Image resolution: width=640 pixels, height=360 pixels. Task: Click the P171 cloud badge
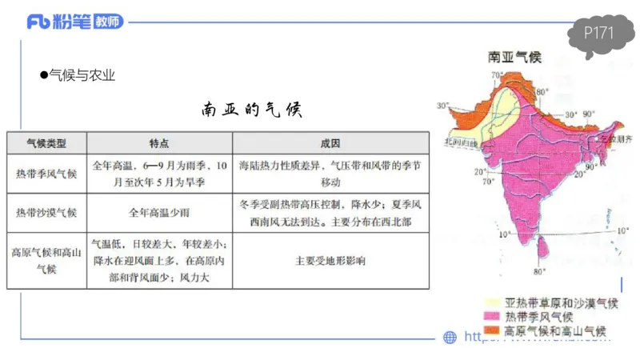(x=598, y=34)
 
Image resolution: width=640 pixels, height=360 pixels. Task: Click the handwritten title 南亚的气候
(x=251, y=110)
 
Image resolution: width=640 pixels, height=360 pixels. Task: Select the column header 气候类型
(x=46, y=143)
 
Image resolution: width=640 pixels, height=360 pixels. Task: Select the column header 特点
(x=159, y=143)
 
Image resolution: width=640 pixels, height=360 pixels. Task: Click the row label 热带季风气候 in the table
(x=46, y=174)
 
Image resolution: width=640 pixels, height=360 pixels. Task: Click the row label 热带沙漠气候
(x=46, y=213)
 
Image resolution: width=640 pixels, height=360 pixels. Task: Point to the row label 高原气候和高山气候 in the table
(x=46, y=260)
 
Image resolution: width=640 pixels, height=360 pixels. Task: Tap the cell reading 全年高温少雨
(x=159, y=213)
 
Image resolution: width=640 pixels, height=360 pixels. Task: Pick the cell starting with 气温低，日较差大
(x=159, y=260)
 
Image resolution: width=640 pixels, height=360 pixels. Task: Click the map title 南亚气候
(x=514, y=58)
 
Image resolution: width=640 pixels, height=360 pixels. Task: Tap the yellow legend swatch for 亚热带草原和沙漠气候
(x=490, y=303)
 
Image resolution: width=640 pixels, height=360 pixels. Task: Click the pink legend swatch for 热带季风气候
(x=490, y=317)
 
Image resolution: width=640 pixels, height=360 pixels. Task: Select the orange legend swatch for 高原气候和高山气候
(x=490, y=330)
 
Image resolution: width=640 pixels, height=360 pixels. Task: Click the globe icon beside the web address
(x=450, y=338)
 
